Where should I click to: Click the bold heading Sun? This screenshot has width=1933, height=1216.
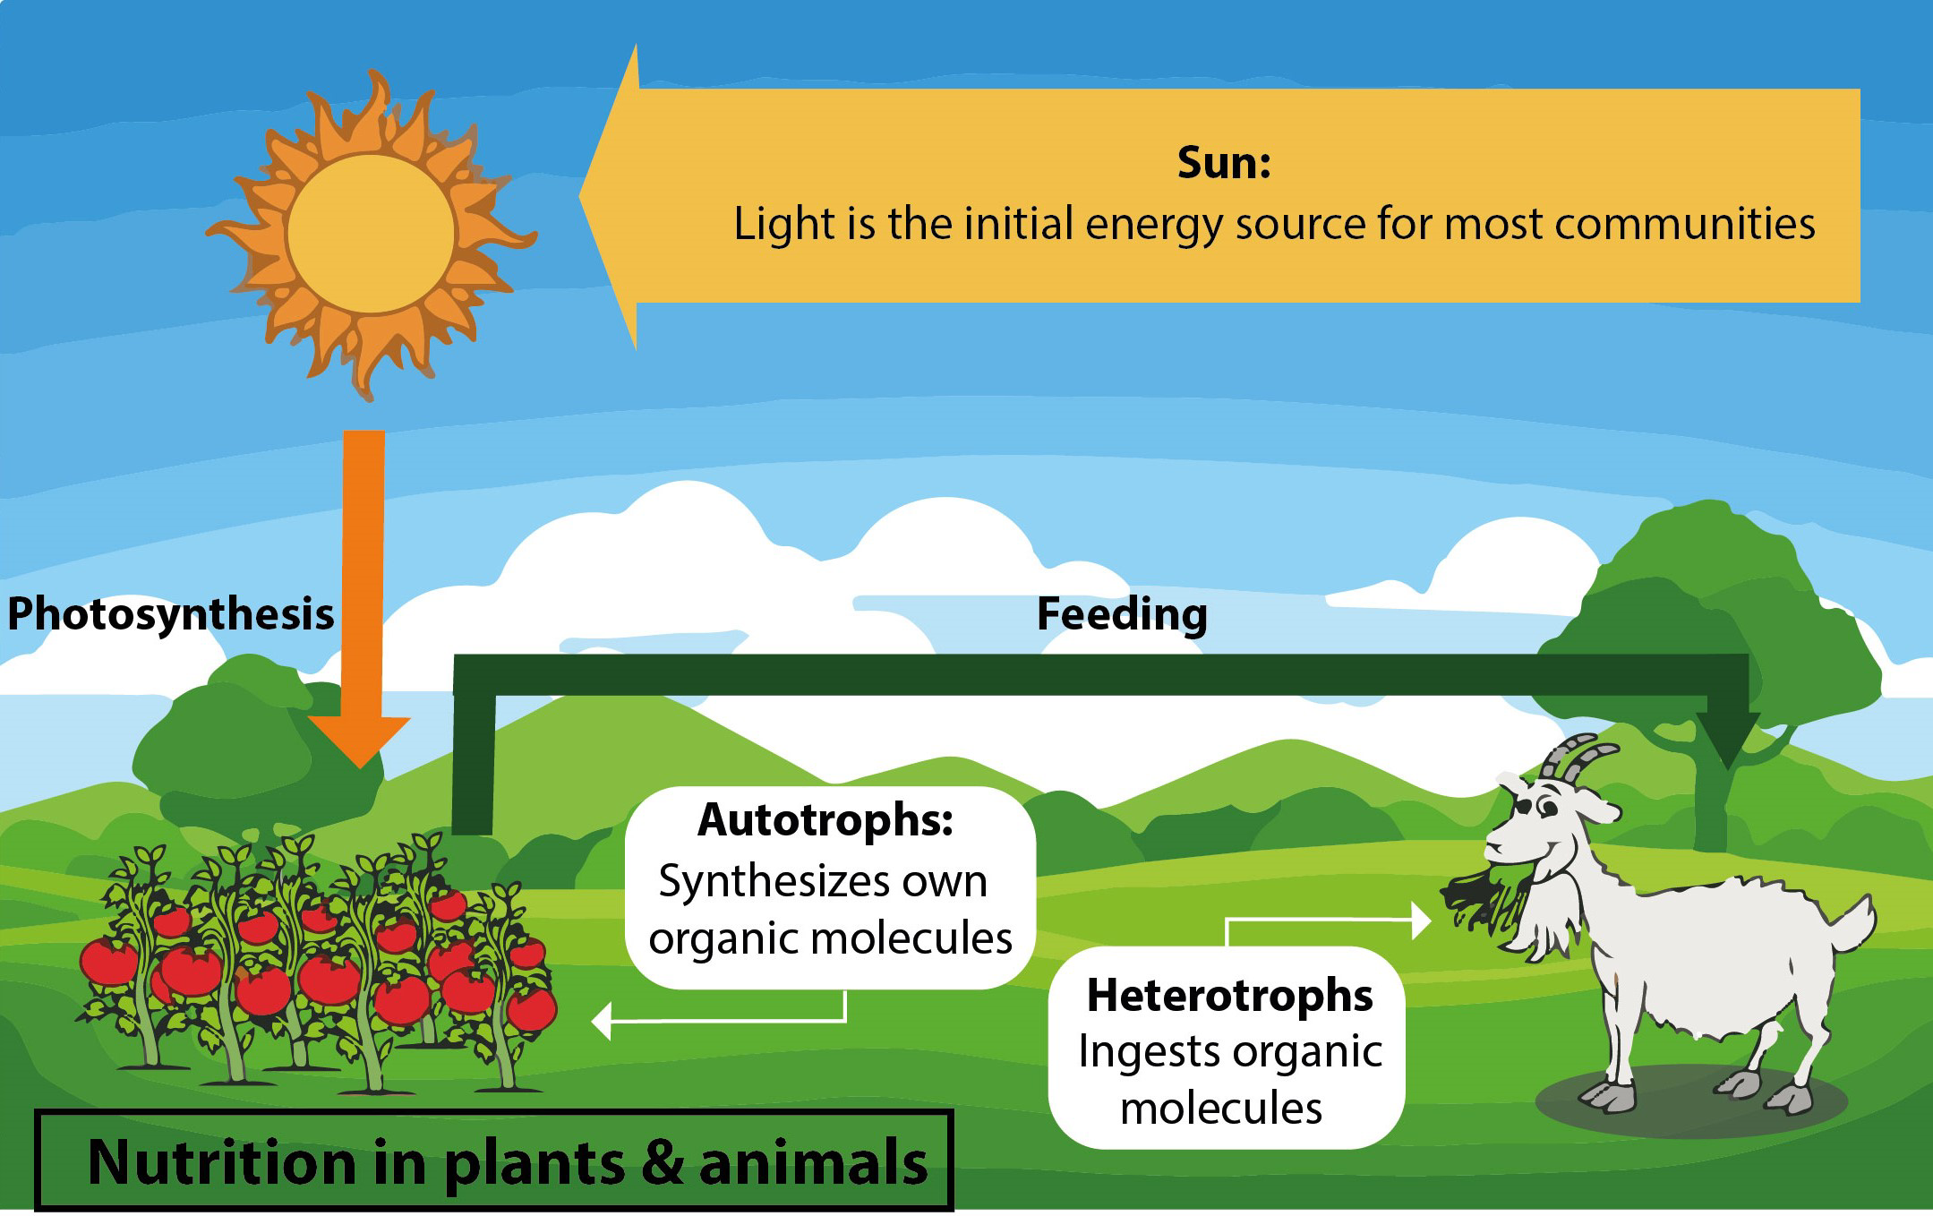1224,163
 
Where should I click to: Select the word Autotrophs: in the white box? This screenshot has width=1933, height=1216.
825,819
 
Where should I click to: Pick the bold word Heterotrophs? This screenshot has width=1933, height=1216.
1229,995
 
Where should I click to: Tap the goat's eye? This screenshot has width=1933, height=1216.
1547,809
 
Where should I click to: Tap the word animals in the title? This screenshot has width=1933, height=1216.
813,1162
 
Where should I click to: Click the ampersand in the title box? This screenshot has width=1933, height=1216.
663,1162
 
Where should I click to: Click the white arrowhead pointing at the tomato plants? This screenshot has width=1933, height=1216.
602,1021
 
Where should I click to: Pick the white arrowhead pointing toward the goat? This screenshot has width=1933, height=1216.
1422,920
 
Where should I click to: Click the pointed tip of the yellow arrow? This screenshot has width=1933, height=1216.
581,196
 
